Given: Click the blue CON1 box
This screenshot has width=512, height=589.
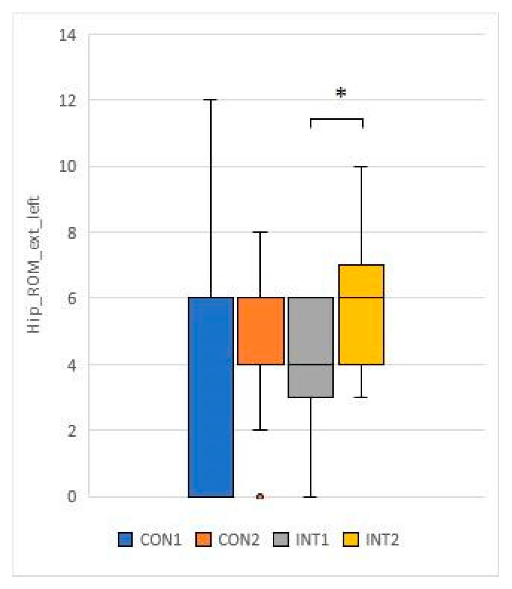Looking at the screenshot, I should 211,397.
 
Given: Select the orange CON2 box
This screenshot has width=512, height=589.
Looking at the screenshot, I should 261,331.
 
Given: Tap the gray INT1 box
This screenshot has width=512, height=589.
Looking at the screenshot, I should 311,347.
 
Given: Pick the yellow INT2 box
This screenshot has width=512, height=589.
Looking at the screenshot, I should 361,314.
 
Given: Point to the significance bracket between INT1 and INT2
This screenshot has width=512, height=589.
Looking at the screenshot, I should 336,119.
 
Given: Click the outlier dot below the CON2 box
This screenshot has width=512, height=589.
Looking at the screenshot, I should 260,496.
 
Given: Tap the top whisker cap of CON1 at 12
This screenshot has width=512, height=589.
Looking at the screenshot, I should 211,100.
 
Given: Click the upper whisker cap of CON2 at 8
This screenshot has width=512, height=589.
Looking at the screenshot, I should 260,232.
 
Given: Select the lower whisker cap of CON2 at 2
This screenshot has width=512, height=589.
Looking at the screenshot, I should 260,430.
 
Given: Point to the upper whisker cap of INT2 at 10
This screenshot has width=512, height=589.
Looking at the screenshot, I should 361,166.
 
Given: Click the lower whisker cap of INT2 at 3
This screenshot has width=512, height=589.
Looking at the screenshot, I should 361,397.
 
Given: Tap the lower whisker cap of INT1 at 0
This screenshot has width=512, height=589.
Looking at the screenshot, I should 311,497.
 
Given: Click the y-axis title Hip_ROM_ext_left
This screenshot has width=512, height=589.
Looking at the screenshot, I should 33,264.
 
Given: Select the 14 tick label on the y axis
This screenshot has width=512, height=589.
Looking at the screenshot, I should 67,35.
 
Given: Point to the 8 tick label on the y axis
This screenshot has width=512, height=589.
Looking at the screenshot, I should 72,233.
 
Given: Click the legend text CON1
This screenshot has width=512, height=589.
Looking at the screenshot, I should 160,540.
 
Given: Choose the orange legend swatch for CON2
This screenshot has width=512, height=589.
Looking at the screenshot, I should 203,540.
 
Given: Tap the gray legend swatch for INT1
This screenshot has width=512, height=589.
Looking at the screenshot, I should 281,540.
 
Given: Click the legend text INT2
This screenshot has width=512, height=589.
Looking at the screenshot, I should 382,540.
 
